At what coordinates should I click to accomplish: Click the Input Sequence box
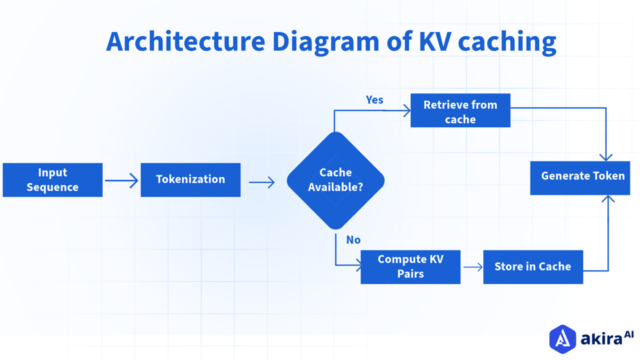click(x=53, y=180)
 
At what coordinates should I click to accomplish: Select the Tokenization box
click(x=191, y=180)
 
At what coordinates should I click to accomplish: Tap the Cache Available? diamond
click(x=335, y=181)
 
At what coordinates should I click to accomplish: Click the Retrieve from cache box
click(x=460, y=111)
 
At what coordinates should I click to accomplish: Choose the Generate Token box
click(x=580, y=177)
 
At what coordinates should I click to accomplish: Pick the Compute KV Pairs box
click(x=410, y=267)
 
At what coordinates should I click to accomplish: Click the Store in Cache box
click(x=533, y=267)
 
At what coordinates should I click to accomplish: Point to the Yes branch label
click(x=375, y=100)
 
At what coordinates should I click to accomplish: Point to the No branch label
click(x=353, y=240)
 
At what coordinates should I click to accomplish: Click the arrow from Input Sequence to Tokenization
click(x=121, y=181)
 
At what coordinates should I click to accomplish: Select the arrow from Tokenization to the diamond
click(x=262, y=182)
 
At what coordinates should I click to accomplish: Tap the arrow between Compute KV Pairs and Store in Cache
click(x=473, y=267)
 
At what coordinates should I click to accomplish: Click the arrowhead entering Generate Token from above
click(x=606, y=157)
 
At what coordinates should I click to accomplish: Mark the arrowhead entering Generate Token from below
click(x=608, y=199)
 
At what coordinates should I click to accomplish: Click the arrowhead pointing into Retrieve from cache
click(x=406, y=111)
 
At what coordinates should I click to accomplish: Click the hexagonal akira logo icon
click(x=562, y=339)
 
